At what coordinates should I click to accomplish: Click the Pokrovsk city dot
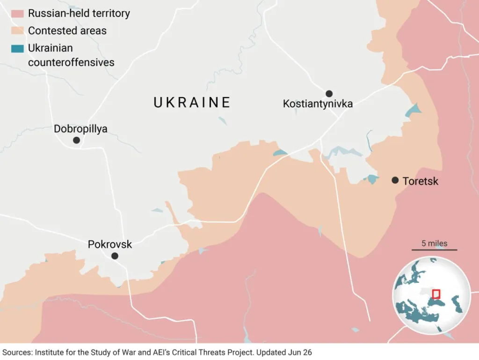coord(115,256)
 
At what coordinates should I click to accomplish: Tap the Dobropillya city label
coord(80,129)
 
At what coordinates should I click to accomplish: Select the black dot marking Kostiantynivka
coord(329,94)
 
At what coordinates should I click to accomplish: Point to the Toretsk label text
coord(420,181)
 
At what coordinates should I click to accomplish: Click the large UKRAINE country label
coord(192,103)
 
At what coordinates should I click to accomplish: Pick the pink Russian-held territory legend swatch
coord(18,14)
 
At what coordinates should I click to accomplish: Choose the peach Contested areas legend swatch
coord(18,31)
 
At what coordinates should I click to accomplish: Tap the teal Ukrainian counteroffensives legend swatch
coord(18,48)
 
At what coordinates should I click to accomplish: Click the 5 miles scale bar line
coord(434,250)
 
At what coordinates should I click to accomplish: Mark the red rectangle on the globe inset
coord(436,294)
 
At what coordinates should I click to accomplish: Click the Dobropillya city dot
coord(76,140)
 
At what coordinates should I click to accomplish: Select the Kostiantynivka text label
coord(318,104)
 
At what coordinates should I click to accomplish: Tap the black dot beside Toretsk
coord(395,180)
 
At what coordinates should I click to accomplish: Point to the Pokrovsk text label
coord(110,244)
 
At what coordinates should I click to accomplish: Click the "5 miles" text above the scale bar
coord(434,243)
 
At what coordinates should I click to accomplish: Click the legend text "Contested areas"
coord(67,31)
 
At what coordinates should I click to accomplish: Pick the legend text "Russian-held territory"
coord(79,14)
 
